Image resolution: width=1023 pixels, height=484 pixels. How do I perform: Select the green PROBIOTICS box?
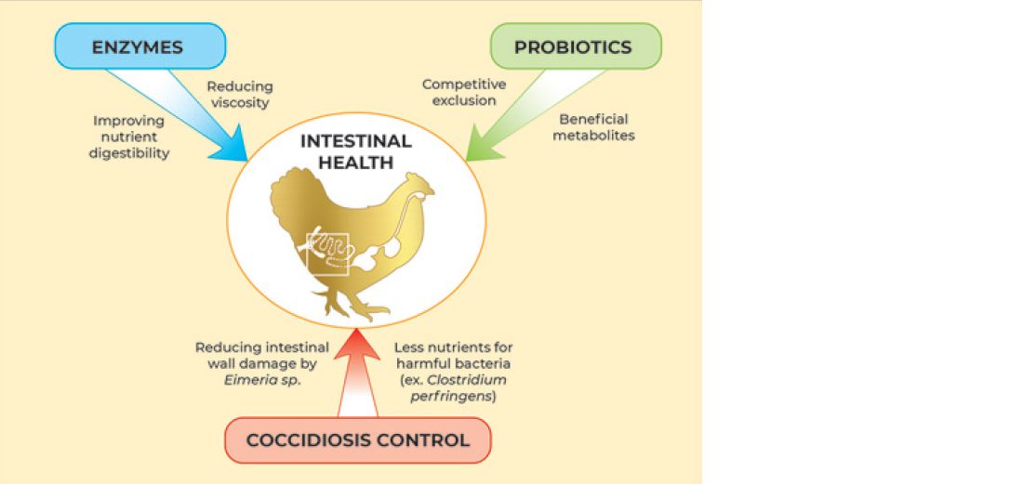click(x=574, y=46)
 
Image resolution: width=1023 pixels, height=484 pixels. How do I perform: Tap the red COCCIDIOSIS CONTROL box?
click(x=358, y=439)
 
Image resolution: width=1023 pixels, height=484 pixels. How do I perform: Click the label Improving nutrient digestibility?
click(x=129, y=137)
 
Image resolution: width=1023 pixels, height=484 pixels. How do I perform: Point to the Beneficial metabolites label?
click(x=594, y=127)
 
